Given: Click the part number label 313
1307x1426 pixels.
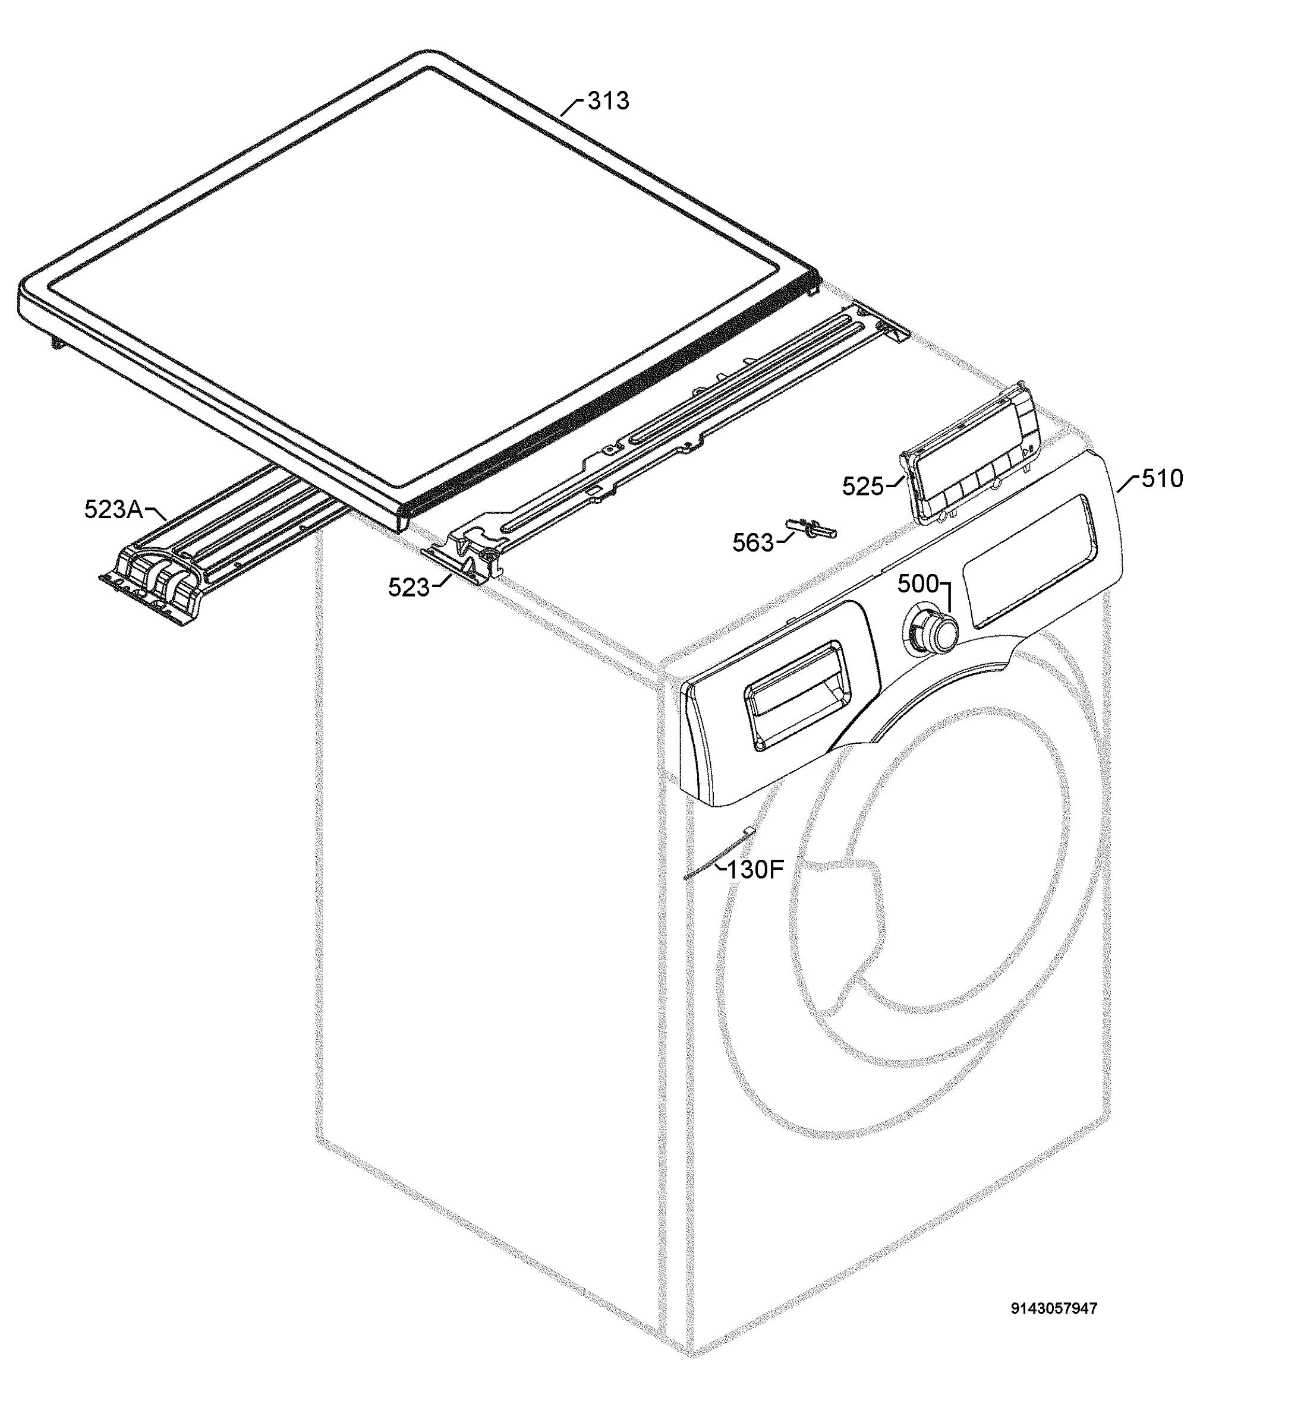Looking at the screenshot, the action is [x=608, y=101].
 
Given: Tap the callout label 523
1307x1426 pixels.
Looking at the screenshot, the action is [x=408, y=587].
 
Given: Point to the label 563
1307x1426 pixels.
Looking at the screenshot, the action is [x=753, y=542].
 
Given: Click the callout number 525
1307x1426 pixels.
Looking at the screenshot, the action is [x=862, y=486].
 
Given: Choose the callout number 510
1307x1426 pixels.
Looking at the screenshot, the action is [x=1163, y=479].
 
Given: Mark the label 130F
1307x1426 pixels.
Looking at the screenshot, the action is [x=755, y=869].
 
